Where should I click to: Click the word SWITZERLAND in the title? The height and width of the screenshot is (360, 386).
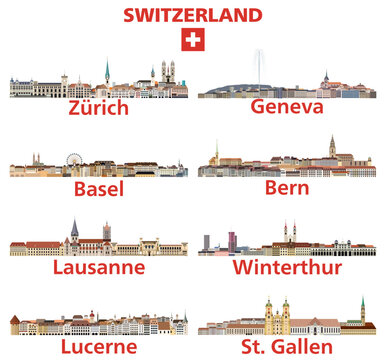[193, 15]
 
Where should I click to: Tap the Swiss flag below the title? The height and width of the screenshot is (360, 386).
[192, 40]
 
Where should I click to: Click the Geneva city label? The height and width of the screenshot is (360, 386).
[287, 107]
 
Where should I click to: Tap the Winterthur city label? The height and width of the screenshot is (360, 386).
[287, 267]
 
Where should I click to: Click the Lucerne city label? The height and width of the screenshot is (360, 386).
[98, 346]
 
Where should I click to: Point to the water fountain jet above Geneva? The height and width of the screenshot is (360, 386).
[260, 62]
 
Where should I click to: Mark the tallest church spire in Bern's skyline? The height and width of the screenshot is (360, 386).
[332, 148]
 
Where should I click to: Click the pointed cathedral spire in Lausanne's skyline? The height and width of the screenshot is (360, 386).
[74, 230]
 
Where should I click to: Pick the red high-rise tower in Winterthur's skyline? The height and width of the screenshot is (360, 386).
[232, 242]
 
